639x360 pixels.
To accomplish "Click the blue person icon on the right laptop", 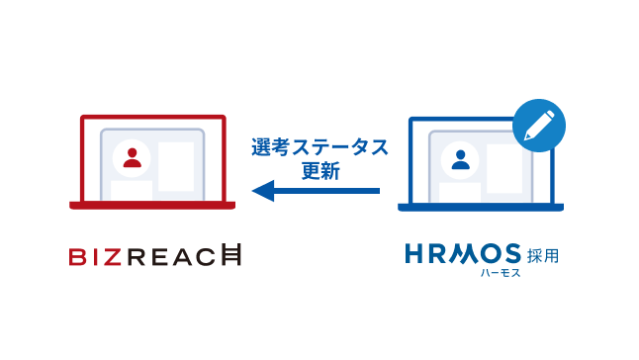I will [460, 158].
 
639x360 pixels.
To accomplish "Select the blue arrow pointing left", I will [316, 190].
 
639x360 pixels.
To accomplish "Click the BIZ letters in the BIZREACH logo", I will [96, 258].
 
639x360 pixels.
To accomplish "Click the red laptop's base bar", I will [152, 206].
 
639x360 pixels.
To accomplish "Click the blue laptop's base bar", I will [481, 207].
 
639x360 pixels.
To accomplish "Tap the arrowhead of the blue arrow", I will [261, 190].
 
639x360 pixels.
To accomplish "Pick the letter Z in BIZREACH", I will [115, 258].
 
